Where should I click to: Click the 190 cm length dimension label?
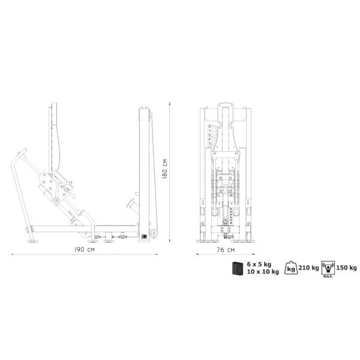[84, 250]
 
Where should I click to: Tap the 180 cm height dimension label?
[165, 169]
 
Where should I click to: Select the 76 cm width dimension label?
[226, 250]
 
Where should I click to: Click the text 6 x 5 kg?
[259, 264]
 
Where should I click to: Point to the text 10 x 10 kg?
[263, 272]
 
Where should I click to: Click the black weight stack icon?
[238, 268]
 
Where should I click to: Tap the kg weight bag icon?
[291, 268]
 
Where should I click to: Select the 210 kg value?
[308, 268]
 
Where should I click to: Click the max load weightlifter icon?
[328, 268]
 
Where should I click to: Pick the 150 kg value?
[346, 268]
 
